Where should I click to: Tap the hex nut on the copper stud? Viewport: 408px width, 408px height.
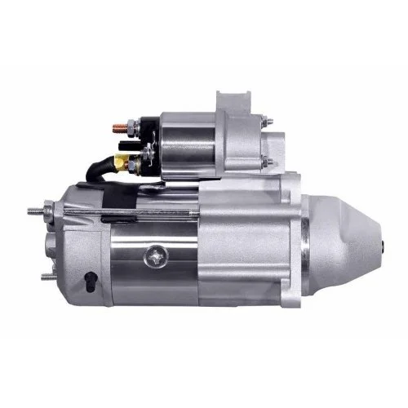[126, 126]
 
